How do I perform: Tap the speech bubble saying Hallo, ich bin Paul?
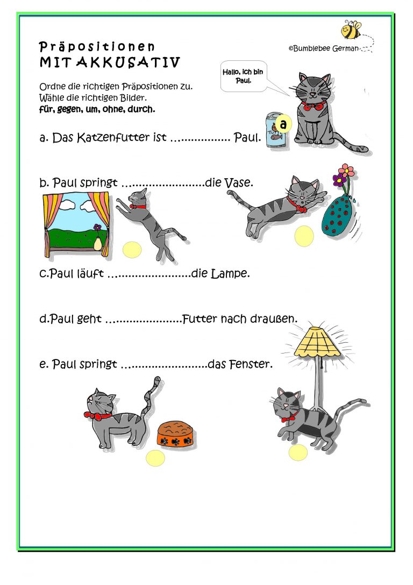(244, 76)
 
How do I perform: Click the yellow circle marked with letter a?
(284, 123)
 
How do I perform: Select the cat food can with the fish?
(275, 132)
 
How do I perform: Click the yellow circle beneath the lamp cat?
(298, 453)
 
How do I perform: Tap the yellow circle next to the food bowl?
(155, 458)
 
